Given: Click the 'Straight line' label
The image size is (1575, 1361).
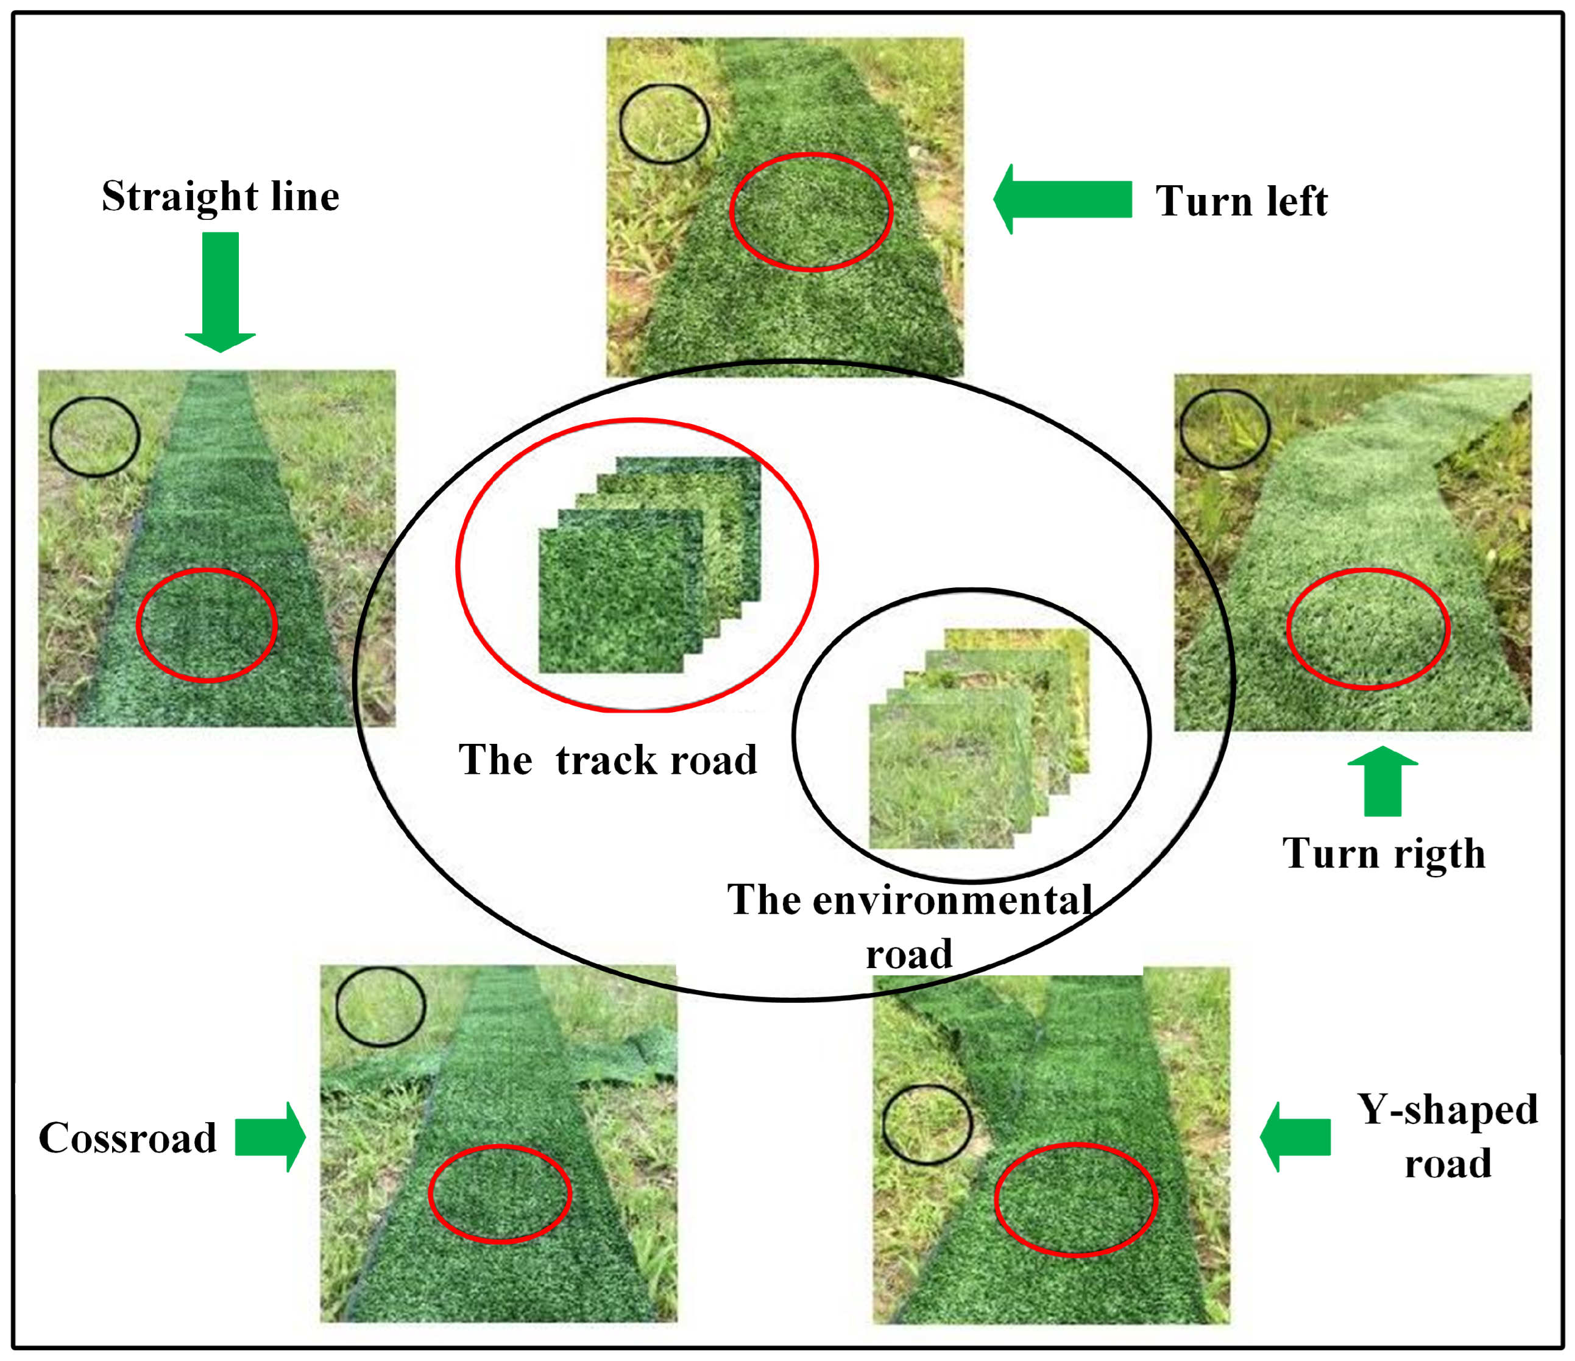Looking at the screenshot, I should pyautogui.click(x=221, y=197).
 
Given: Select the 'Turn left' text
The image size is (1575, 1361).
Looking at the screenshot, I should pyautogui.click(x=1241, y=202).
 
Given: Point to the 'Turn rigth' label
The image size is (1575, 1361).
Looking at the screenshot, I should pyautogui.click(x=1384, y=854).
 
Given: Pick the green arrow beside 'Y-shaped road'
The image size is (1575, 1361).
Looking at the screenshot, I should pyautogui.click(x=1296, y=1137).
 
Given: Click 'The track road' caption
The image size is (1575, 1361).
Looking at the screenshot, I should pyautogui.click(x=607, y=760).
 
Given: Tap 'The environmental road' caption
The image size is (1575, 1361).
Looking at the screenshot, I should pyautogui.click(x=910, y=927).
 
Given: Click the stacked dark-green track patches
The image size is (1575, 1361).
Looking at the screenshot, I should pyautogui.click(x=646, y=566).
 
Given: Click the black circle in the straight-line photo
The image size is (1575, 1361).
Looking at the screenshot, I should pyautogui.click(x=94, y=437).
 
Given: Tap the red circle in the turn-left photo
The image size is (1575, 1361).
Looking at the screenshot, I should pyautogui.click(x=811, y=212).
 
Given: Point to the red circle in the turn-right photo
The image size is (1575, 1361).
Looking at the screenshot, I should pyautogui.click(x=1368, y=629).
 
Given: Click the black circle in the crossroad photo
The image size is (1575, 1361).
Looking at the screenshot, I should pyautogui.click(x=380, y=1007).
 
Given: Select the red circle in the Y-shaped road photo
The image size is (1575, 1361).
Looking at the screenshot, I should pyautogui.click(x=1075, y=1200).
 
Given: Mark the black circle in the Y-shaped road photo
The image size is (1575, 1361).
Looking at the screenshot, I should pyautogui.click(x=927, y=1124).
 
